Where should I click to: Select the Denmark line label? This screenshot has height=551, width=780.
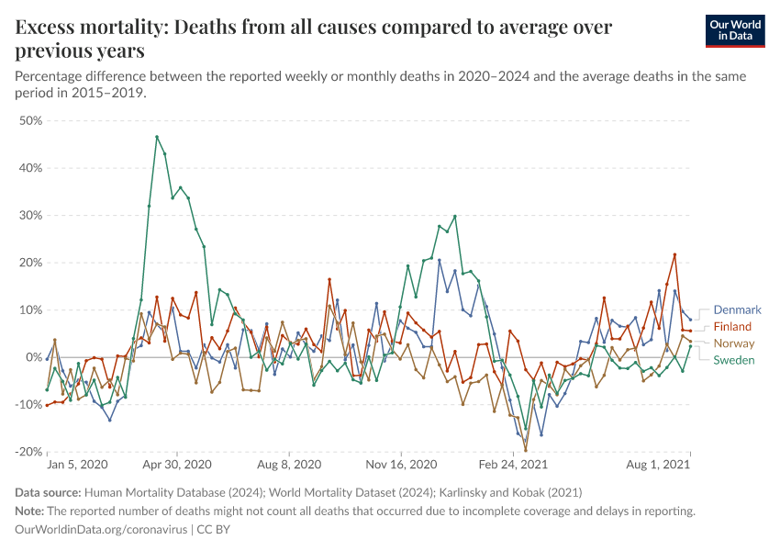pos(737,310)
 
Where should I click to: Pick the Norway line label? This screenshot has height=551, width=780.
pos(733,343)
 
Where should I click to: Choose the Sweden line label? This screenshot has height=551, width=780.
pos(733,360)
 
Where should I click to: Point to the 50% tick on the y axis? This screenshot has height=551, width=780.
pos(31,121)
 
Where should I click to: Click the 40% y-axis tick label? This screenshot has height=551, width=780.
pos(31,168)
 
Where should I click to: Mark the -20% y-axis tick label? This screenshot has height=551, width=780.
pos(29,452)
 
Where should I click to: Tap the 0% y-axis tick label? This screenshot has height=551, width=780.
pos(35,357)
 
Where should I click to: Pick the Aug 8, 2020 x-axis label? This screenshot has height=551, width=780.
pos(288,467)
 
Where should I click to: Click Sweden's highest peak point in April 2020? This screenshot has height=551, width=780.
pos(157,137)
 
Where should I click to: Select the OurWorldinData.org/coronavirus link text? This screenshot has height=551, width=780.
pos(101,530)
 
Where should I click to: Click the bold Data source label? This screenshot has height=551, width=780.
pos(48,493)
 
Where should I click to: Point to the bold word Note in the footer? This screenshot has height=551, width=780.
pos(30,512)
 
